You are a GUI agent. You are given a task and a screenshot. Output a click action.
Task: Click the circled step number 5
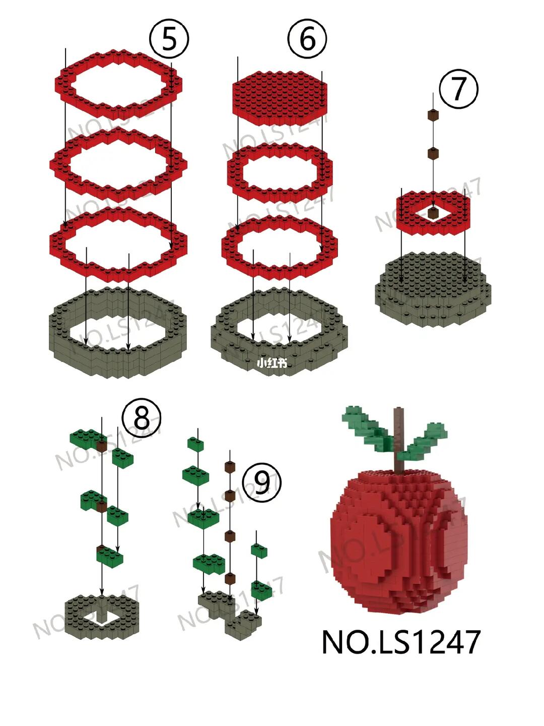pos(169,39)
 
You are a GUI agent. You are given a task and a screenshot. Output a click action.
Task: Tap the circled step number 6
pos(307,39)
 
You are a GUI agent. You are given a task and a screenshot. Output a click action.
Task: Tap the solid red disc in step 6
pos(280,98)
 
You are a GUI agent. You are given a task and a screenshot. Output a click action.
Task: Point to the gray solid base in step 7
pos(433,288)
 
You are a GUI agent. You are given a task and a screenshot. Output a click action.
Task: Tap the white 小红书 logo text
pos(272,364)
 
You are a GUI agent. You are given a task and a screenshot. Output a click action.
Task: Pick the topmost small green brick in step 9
pos(195,444)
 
